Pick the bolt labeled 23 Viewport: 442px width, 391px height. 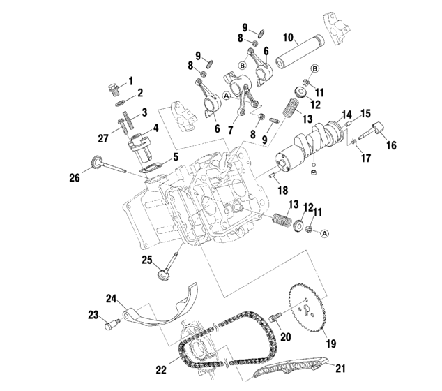coord(109,323)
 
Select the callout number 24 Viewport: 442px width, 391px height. coord(110,299)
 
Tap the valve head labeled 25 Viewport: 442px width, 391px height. coord(166,274)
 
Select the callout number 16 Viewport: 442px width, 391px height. coord(391,145)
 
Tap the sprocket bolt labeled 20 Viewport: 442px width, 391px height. coord(275,318)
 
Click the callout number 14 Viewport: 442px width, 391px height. coord(346,115)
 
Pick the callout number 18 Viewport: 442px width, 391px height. coord(282,190)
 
